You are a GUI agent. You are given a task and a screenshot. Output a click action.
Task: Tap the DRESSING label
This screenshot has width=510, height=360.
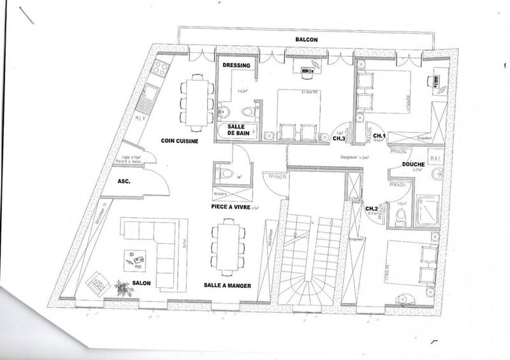[x=236, y=66]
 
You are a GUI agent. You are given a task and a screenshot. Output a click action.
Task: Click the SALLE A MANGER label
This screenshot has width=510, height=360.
[x=228, y=286]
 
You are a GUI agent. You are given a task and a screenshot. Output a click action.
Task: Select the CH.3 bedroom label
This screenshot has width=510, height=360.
[x=339, y=138]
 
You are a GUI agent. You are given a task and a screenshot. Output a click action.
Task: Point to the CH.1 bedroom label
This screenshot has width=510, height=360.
[x=379, y=136]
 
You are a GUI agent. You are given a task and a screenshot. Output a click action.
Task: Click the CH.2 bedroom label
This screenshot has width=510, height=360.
[x=372, y=208]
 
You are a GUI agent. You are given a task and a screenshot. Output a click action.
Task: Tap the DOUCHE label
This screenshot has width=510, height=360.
[x=414, y=164]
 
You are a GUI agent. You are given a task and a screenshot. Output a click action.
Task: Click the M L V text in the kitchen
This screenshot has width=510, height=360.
[x=142, y=118]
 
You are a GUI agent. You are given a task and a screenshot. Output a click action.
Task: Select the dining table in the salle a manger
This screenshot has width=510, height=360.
[x=228, y=245]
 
